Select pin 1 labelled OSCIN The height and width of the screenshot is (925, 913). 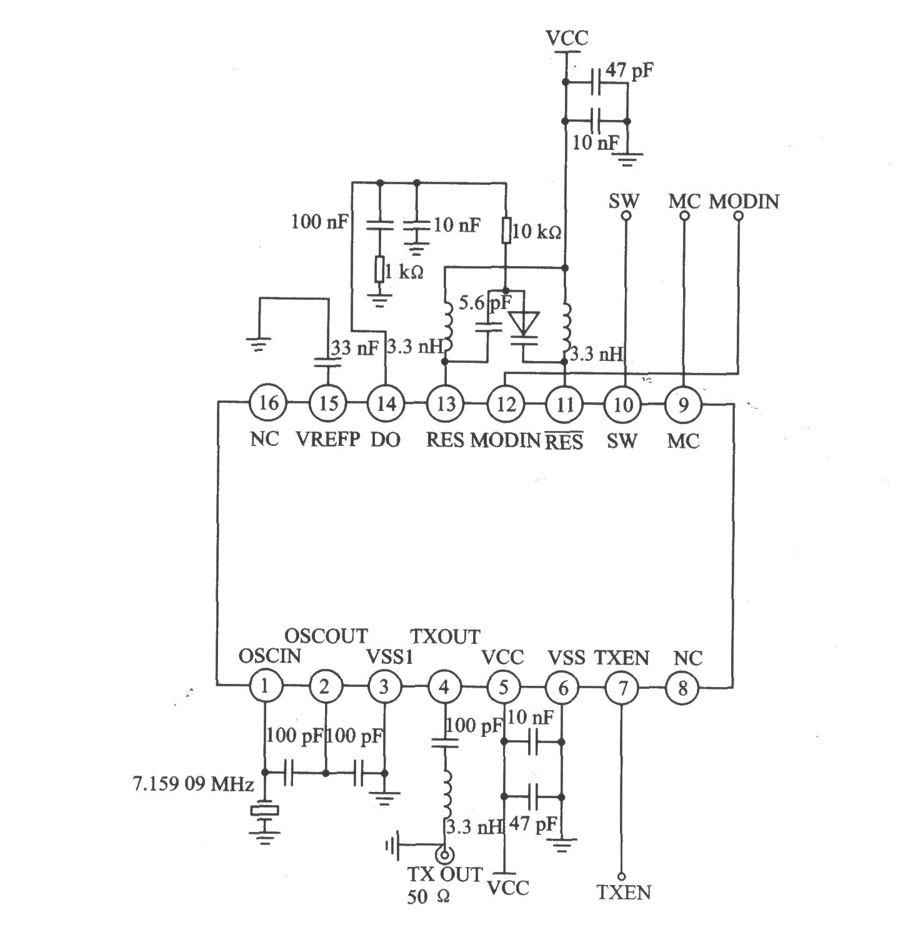pos(264,687)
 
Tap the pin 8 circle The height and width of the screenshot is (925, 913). pos(682,688)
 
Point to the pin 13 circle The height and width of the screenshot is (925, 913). pos(446,403)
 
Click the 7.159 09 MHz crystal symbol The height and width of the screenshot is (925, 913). pos(265,811)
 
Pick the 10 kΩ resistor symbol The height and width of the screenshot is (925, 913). pos(506,230)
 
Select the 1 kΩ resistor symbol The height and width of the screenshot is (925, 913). pos(379,270)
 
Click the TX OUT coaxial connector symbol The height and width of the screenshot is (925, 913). pos(444,853)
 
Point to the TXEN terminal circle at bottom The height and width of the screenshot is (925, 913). pos(622,876)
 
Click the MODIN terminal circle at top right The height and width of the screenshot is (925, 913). pos(738,216)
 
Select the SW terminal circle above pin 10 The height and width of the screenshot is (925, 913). pos(625,216)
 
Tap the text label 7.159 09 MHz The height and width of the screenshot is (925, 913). pos(193,783)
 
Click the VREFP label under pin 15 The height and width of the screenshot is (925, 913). pos(327,439)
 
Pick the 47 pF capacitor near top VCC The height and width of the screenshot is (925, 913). pos(597,82)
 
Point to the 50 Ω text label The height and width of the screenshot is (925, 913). pos(429,897)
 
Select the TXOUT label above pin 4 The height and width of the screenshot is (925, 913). pos(445,636)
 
